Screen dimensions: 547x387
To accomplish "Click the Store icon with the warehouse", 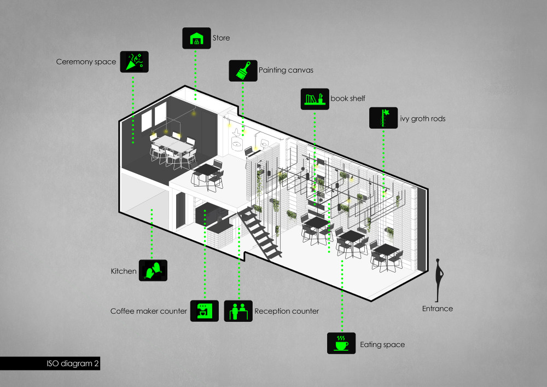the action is click(196, 38).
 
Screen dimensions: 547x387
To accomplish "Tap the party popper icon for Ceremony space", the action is click(135, 62).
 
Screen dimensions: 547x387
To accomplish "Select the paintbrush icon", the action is click(243, 71).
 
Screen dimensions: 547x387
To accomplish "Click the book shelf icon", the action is click(315, 99).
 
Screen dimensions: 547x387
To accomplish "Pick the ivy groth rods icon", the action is click(383, 118).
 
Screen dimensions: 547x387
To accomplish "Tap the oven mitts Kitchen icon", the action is click(153, 270).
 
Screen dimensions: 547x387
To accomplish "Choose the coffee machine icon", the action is click(205, 311).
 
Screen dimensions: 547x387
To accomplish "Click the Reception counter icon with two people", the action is click(238, 311).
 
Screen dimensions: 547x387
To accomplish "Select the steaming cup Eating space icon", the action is click(341, 343).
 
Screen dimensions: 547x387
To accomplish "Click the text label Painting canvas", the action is click(286, 70).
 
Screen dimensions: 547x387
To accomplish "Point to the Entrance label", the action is click(438, 309).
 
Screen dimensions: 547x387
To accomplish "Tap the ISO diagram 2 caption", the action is click(73, 363).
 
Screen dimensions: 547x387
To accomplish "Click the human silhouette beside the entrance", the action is click(439, 280).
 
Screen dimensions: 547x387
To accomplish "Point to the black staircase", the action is click(260, 233).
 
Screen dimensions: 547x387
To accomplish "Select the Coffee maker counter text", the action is click(149, 311).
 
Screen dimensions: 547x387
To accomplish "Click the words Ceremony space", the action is click(86, 62).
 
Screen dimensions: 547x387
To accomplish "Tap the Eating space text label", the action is click(382, 345).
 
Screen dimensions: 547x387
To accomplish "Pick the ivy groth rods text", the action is click(423, 119).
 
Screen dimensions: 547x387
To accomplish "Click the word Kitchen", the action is click(124, 271).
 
